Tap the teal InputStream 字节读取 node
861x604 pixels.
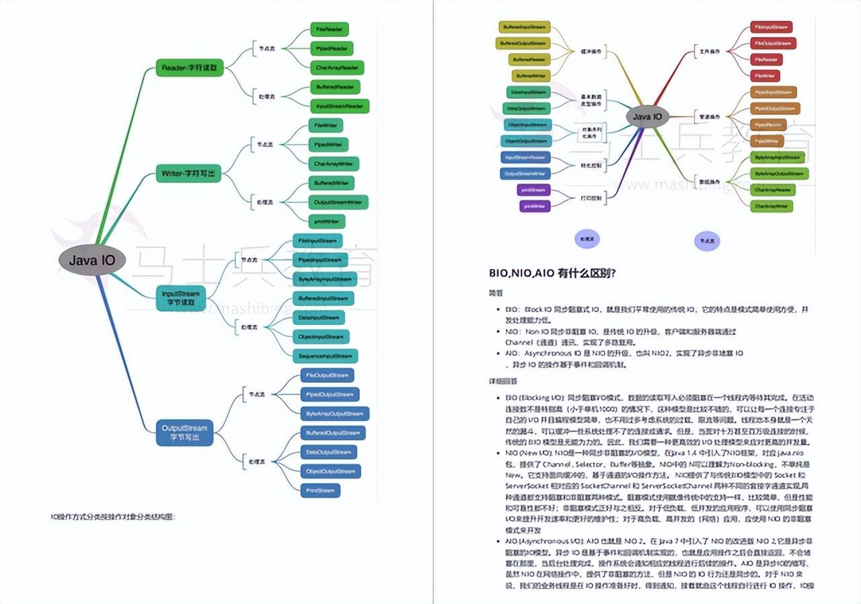181,298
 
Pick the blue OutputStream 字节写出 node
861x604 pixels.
184,432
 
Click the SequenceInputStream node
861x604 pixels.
325,356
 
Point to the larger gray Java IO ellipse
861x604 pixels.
93,260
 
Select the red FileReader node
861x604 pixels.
765,60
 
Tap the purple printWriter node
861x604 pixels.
535,206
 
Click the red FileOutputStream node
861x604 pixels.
773,44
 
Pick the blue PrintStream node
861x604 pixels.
320,490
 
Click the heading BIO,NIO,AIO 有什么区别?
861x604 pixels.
553,273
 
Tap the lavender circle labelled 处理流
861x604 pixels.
587,239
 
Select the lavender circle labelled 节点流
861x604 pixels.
707,239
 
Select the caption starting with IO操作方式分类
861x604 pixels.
113,517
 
